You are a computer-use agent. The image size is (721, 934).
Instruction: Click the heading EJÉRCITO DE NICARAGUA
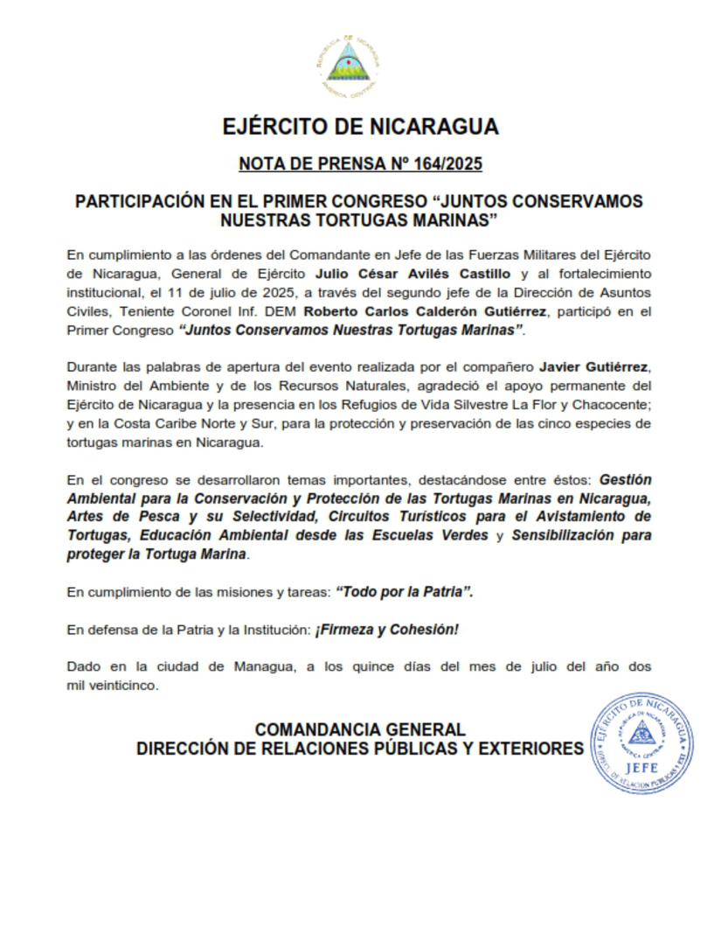click(x=360, y=127)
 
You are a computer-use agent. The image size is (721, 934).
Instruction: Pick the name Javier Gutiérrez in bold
click(x=596, y=365)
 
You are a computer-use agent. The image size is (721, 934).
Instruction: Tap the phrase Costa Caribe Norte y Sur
click(x=179, y=423)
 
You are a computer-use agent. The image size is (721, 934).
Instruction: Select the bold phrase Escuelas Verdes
click(x=433, y=535)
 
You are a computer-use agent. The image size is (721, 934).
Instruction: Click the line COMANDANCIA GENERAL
click(x=359, y=729)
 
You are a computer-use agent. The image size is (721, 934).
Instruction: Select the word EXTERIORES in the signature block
click(x=533, y=749)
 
